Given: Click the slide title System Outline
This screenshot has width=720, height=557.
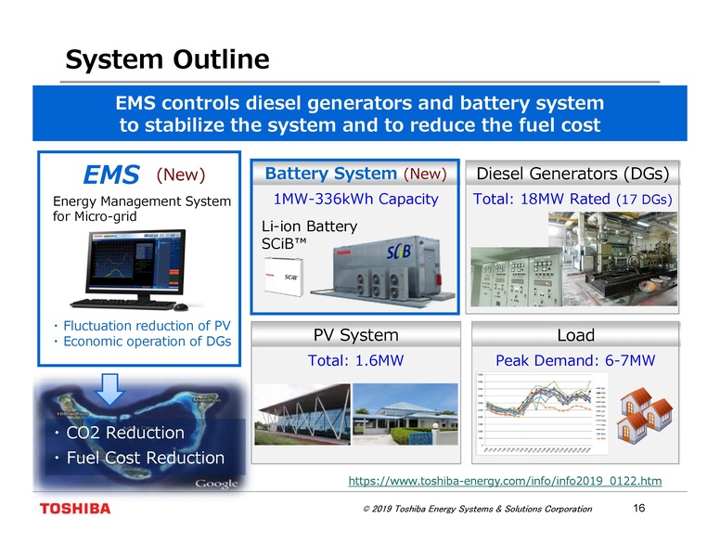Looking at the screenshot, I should click(167, 60).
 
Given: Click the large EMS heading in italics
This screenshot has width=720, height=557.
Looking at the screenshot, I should click(110, 175).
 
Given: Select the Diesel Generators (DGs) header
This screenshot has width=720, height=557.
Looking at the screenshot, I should click(572, 174).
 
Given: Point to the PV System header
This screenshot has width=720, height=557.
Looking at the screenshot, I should click(356, 335).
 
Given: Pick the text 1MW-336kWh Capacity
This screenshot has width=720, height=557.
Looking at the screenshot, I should click(356, 200).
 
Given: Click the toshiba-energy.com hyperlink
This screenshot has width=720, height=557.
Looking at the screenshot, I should click(505, 481).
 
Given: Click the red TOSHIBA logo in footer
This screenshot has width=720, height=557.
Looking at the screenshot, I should click(75, 509).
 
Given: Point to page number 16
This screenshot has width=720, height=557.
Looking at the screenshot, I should click(637, 508).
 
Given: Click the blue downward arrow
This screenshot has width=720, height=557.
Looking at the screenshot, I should click(111, 387).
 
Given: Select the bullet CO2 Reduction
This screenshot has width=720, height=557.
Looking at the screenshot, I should click(119, 434).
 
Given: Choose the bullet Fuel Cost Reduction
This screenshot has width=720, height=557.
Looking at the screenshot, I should click(139, 459).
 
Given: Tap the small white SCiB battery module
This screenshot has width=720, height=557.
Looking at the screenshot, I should click(286, 276).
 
